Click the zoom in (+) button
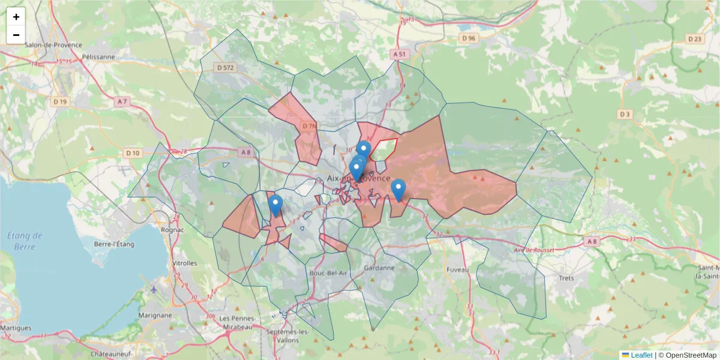[16, 17]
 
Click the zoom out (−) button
[16, 35]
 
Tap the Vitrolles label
[184, 263]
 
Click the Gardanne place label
[379, 268]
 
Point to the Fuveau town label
[457, 270]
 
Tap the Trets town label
[566, 278]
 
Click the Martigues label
[16, 328]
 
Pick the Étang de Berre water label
[25, 241]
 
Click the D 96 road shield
[469, 38]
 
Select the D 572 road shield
[226, 68]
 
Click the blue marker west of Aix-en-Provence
[275, 204]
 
